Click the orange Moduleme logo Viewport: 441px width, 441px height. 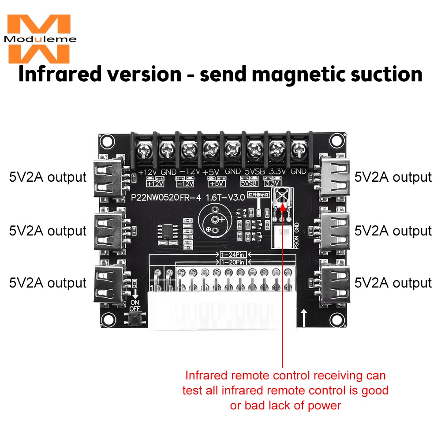click(x=39, y=38)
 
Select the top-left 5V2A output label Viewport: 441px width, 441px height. click(x=48, y=177)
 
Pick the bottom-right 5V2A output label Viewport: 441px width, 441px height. click(x=393, y=283)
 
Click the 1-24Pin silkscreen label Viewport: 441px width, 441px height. click(x=233, y=255)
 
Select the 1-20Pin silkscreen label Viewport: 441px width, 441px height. click(x=233, y=262)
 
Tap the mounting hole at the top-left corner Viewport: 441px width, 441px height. click(x=106, y=141)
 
